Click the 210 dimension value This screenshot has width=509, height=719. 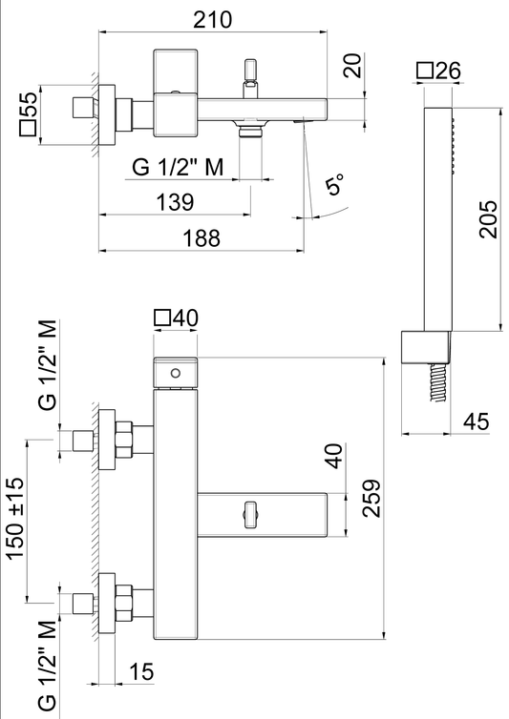[212, 20]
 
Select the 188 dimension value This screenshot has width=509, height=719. [201, 238]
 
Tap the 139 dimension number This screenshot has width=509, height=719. [176, 202]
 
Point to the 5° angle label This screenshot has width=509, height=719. [335, 184]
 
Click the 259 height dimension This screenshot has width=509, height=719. [371, 499]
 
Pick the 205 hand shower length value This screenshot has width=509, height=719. [488, 219]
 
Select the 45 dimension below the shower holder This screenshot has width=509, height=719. [477, 421]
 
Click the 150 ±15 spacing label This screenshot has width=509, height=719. [15, 518]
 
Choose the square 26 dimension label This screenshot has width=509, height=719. [438, 71]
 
